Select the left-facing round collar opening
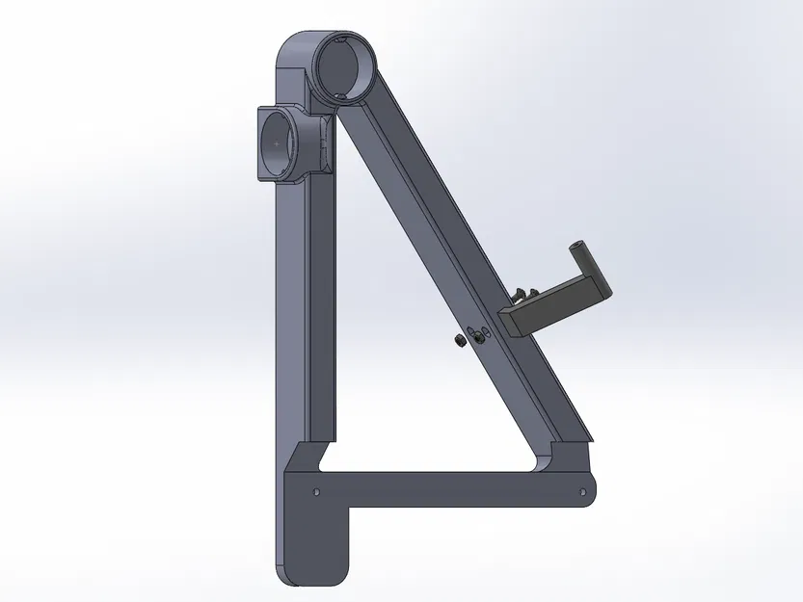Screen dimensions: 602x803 point(279,143)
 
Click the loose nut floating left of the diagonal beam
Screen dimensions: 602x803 point(460,341)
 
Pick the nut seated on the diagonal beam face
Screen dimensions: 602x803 point(476,335)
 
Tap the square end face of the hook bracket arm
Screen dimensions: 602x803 point(512,323)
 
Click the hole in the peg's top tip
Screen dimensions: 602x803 point(582,242)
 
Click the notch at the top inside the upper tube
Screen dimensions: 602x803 point(343,39)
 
